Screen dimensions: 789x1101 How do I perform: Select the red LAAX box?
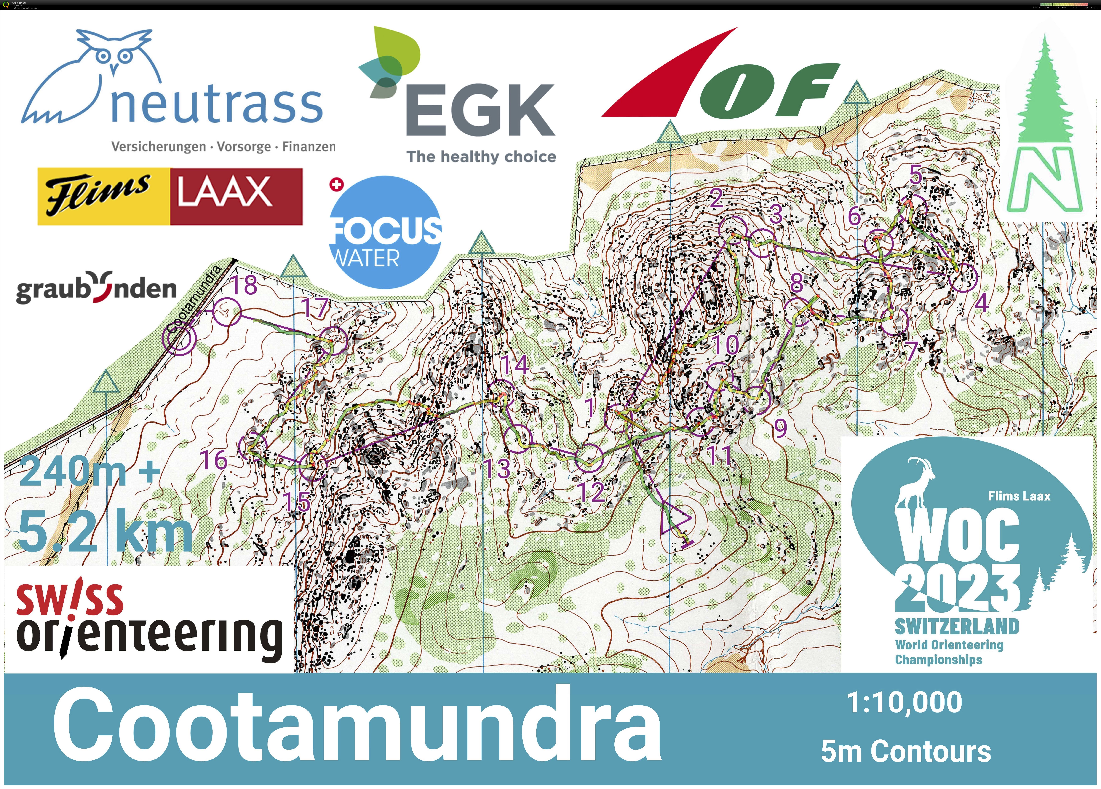(x=236, y=197)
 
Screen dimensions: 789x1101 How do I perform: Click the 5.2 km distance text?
(x=104, y=533)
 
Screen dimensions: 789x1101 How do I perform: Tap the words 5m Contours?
(x=906, y=752)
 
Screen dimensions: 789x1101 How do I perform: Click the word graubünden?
(x=96, y=288)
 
